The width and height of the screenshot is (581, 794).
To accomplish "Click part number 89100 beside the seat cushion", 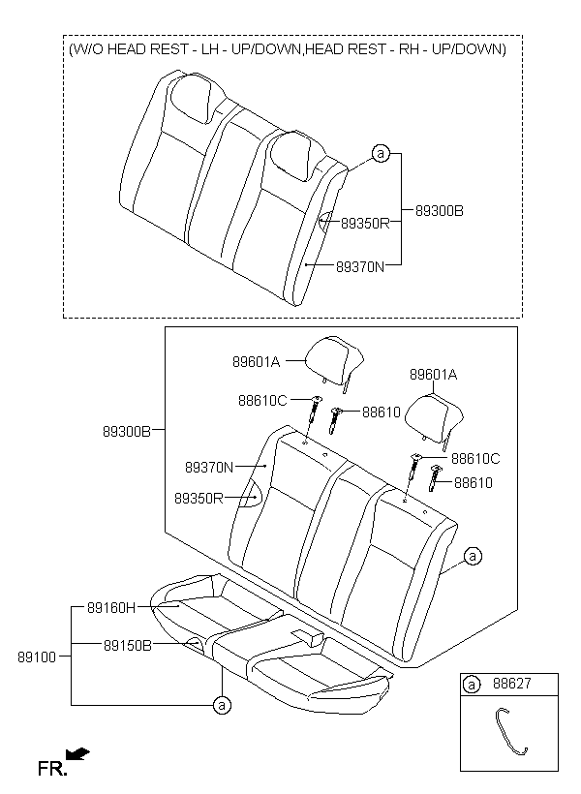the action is click(37, 657).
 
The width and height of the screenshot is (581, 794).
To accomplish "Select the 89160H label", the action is click(111, 608).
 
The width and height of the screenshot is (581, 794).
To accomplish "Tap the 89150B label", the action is click(128, 645).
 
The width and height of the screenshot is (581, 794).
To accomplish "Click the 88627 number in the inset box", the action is click(512, 684).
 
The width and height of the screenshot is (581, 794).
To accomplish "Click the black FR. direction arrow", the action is click(78, 754).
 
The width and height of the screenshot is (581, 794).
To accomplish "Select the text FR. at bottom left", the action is click(51, 769).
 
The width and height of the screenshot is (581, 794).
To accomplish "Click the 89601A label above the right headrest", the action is click(433, 375).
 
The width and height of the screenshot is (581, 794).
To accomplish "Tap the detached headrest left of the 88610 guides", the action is click(334, 359).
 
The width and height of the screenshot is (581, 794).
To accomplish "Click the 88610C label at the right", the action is click(475, 459).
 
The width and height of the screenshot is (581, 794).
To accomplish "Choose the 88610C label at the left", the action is click(262, 401).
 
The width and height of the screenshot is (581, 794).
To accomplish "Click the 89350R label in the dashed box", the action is click(365, 224).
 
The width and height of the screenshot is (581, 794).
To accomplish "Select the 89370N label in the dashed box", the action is click(360, 266).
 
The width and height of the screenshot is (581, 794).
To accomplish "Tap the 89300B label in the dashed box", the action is click(440, 211).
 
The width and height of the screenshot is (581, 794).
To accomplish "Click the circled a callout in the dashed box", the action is click(381, 153).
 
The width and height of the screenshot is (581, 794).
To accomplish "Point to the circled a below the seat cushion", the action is click(222, 704).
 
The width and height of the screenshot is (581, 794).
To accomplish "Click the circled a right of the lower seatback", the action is click(473, 557).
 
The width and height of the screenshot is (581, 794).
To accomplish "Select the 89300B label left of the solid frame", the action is click(127, 432).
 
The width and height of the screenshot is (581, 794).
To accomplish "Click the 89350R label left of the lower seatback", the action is click(199, 499).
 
